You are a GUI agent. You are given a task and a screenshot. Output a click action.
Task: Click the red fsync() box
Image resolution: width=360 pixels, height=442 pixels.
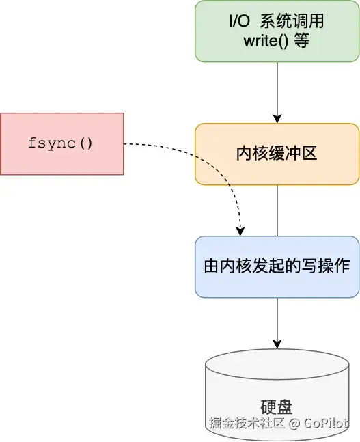pos(62,143)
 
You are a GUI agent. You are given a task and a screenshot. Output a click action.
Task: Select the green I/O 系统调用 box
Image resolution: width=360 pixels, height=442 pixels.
pos(277,31)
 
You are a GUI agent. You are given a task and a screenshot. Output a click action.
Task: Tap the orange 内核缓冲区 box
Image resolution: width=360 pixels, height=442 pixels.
pos(277,154)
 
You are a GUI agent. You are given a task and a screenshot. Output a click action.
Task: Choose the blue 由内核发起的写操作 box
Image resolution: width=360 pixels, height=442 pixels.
pos(277,266)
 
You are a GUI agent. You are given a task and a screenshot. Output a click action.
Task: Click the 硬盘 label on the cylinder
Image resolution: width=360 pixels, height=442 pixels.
pos(277,406)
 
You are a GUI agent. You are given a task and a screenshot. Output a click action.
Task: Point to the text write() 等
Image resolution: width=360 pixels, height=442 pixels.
pos(277,41)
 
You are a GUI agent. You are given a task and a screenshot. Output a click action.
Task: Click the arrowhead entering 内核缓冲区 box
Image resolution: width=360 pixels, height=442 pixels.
pos(277,119)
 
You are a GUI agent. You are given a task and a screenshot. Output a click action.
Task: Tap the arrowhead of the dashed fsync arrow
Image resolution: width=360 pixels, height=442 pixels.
pos(240,232)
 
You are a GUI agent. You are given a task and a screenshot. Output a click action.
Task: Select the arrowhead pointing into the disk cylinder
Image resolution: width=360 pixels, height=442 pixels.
pos(277,344)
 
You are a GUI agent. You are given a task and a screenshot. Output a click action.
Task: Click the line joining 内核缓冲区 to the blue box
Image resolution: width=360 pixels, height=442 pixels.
pos(277,210)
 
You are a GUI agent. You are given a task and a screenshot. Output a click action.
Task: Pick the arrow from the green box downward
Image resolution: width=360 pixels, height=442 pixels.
pos(277,93)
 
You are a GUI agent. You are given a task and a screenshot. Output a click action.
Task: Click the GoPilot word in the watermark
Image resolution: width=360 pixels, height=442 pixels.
pos(326,423)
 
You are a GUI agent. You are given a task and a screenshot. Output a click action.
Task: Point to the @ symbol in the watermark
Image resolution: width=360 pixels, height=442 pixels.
pos(294,424)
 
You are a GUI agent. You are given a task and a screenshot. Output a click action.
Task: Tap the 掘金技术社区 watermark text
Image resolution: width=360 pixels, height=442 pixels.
pos(247,423)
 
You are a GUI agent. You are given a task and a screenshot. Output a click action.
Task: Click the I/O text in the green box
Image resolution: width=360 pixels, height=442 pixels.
pos(239,21)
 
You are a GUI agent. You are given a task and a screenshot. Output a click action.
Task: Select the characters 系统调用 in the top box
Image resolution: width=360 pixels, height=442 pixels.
pos(292,21)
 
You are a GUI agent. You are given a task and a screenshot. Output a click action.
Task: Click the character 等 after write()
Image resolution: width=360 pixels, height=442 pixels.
pos(302,41)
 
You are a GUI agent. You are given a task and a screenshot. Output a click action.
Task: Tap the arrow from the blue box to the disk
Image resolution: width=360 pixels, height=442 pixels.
pos(277,323)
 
